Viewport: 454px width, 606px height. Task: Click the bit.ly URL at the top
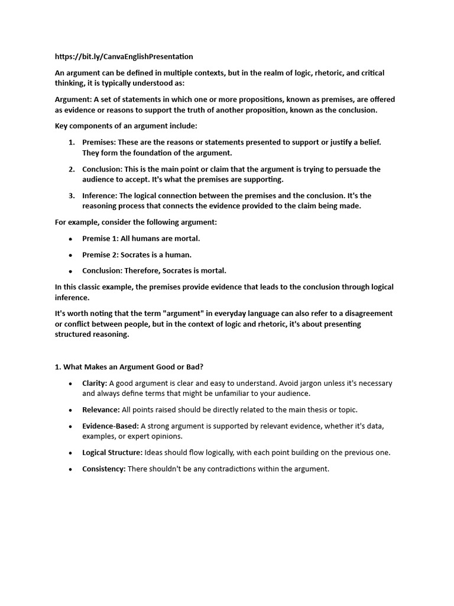(x=124, y=56)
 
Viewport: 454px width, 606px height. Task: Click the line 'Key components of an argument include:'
(x=126, y=126)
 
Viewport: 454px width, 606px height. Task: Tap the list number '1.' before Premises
(x=71, y=142)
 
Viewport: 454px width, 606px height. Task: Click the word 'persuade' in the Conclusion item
(x=347, y=169)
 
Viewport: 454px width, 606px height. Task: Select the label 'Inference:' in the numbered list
(x=100, y=195)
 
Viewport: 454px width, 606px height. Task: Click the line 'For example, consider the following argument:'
(x=136, y=222)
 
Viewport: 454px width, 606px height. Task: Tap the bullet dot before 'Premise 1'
(x=71, y=238)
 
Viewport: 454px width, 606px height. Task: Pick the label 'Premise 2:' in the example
(x=100, y=254)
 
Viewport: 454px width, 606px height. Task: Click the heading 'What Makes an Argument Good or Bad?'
(x=133, y=367)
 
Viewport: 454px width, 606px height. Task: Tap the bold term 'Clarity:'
(x=95, y=383)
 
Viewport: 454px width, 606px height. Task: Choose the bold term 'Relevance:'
(x=101, y=410)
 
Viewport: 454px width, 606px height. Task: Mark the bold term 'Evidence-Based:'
(x=111, y=426)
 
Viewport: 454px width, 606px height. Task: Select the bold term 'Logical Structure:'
(x=112, y=453)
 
